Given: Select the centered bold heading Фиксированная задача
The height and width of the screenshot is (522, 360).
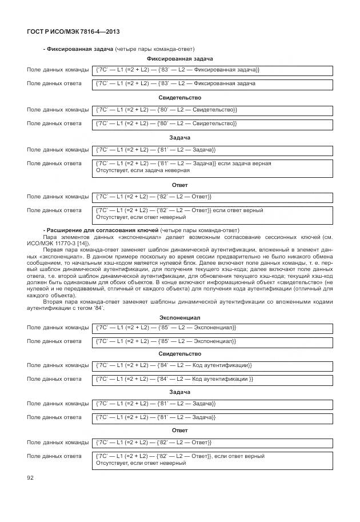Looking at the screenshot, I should point(179,59).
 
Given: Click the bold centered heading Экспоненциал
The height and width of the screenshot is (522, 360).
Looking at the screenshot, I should point(179,317).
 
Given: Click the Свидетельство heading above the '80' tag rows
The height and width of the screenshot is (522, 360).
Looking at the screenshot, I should point(179,98).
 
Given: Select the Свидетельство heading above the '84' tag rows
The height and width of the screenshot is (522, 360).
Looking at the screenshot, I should point(179,354).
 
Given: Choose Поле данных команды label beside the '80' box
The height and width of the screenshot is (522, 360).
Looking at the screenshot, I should point(58,109).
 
